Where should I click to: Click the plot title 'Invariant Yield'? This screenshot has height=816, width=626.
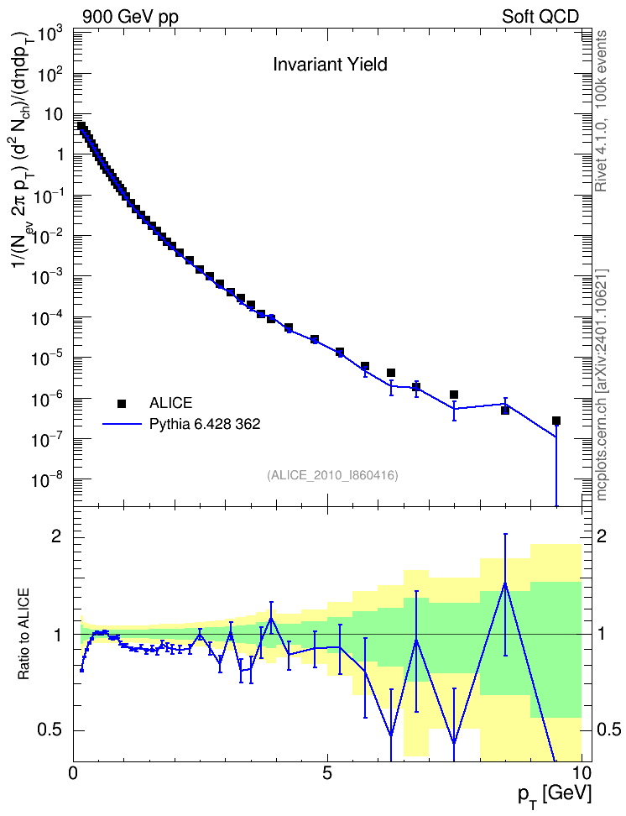330,64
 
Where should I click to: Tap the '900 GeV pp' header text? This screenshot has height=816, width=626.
130,17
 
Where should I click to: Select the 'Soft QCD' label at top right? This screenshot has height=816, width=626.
540,17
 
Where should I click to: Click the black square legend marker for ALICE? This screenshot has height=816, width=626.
122,403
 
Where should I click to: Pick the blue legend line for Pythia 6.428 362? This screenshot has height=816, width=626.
123,424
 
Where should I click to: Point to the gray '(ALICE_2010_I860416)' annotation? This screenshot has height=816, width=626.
332,475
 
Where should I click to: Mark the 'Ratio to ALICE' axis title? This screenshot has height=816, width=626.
23,634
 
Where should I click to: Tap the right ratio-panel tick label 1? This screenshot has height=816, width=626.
602,634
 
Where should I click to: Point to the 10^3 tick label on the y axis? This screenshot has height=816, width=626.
50,34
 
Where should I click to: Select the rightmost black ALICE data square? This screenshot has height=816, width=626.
556,421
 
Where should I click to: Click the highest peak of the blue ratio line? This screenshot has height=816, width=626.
505,583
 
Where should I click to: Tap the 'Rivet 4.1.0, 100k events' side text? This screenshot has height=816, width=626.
601,111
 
